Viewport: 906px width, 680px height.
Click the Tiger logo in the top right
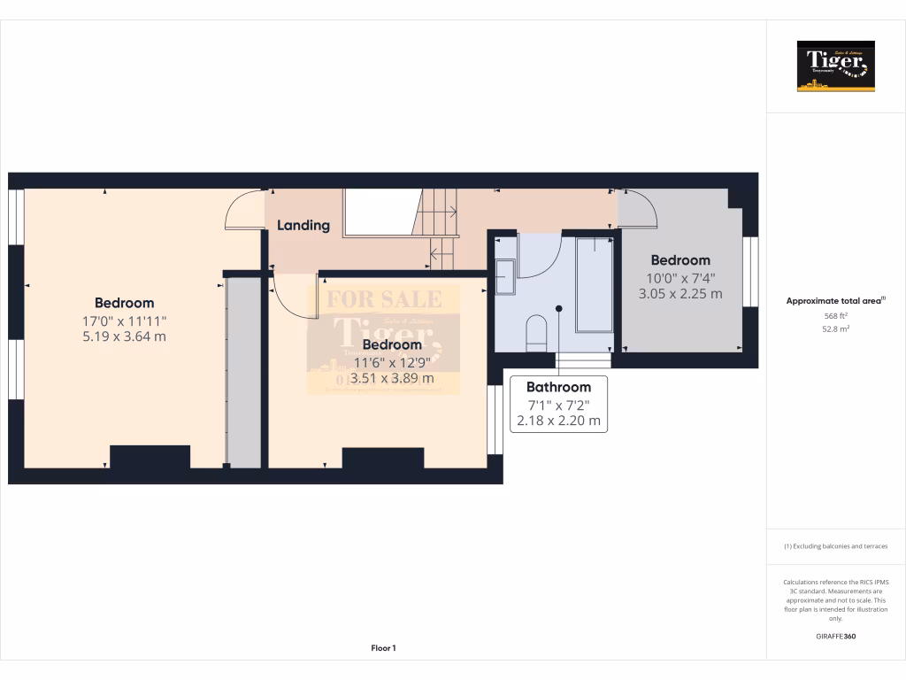835,66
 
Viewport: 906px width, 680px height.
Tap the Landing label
303,226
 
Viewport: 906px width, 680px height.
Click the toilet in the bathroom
536,332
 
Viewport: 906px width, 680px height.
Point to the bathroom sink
505,275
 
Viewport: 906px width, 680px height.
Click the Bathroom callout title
558,387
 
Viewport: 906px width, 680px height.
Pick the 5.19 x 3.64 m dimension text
125,336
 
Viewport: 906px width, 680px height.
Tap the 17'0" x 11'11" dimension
125,320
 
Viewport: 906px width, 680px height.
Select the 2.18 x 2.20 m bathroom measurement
558,421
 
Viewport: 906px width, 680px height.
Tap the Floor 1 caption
383,648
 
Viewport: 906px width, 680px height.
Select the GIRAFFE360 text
835,636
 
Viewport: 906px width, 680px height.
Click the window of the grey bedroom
750,271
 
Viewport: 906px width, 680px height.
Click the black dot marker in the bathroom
558,308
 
